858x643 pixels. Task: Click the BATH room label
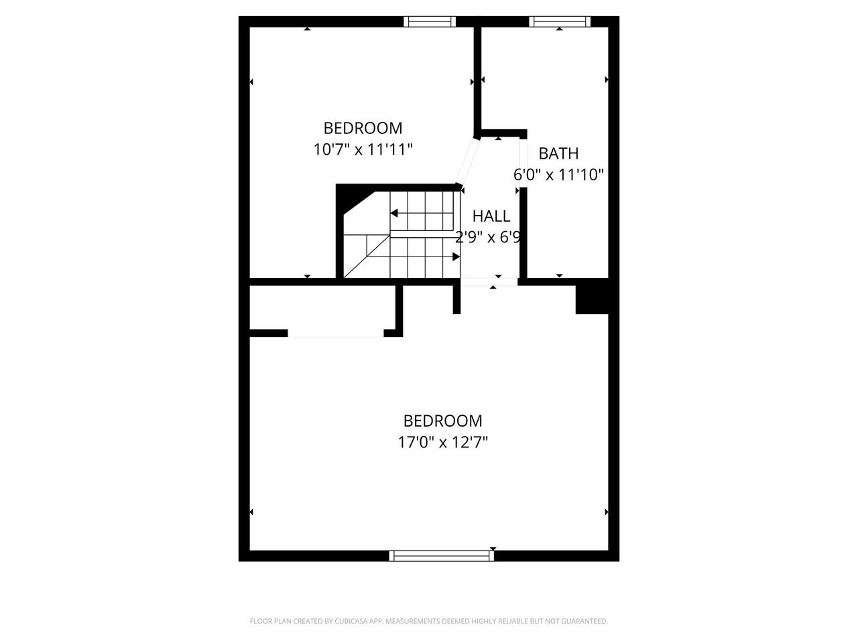click(558, 153)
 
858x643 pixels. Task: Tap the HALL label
click(491, 216)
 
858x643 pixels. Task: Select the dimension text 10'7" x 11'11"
click(363, 149)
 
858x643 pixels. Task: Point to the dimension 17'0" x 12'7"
click(442, 442)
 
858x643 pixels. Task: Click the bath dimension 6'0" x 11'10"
click(559, 175)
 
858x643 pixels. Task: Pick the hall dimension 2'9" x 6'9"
click(489, 237)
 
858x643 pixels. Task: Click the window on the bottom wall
click(442, 555)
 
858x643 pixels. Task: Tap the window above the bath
click(560, 21)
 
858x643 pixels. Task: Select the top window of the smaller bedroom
click(430, 21)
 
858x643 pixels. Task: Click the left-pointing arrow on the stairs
click(395, 214)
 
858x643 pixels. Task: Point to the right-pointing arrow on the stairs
click(455, 257)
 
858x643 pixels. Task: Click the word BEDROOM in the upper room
click(363, 128)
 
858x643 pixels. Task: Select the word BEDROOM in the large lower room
click(442, 421)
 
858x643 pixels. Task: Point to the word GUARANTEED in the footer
click(585, 622)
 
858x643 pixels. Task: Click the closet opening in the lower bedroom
click(335, 334)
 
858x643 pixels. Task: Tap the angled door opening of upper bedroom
click(467, 161)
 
